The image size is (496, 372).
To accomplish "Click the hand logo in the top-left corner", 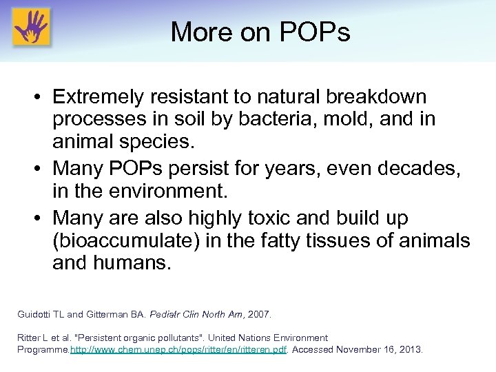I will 31,27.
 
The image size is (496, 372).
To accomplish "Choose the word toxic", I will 278,218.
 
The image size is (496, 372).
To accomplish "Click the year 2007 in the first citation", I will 259,314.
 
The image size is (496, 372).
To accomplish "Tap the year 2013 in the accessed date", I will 409,349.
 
